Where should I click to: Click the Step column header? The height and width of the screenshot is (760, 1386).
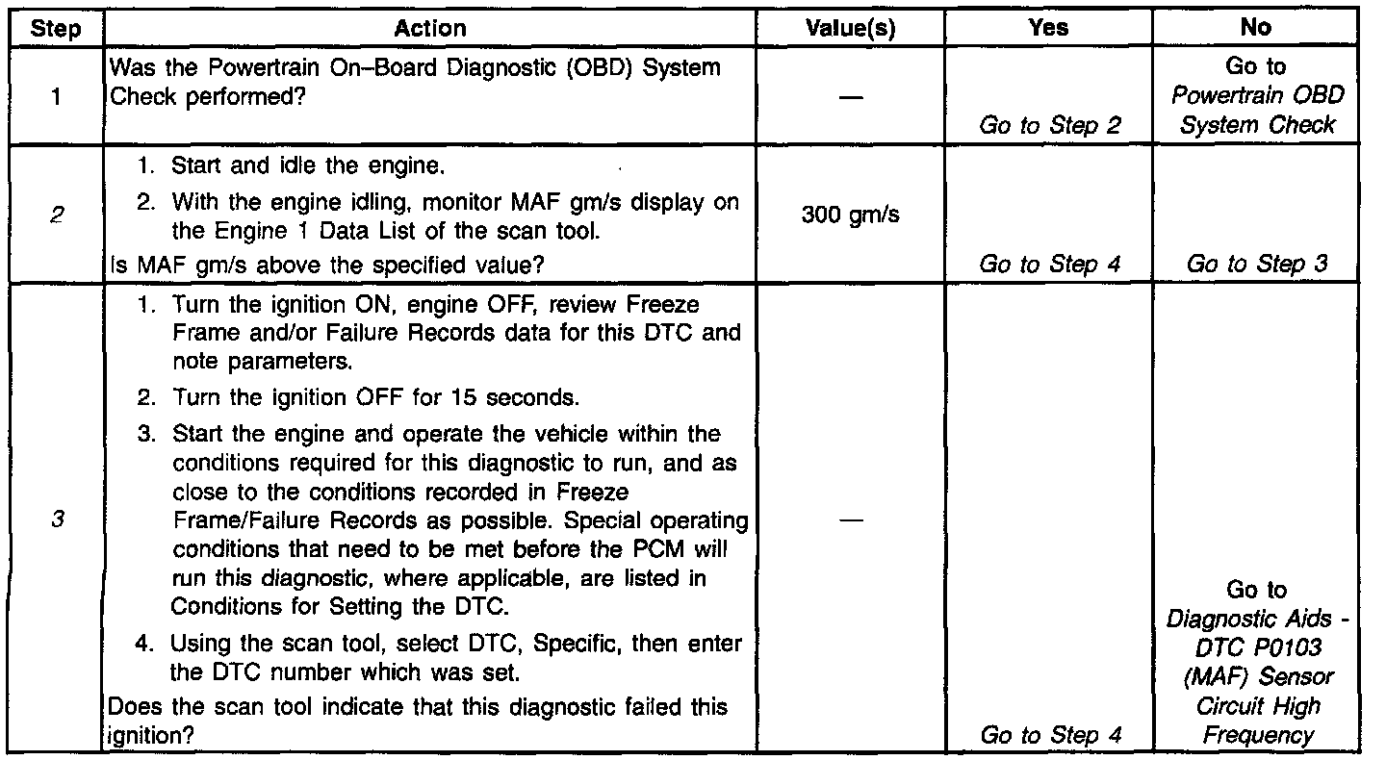pyautogui.click(x=56, y=29)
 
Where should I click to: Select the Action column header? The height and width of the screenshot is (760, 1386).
pyautogui.click(x=430, y=29)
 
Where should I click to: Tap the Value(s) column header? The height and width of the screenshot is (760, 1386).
pyautogui.click(x=851, y=29)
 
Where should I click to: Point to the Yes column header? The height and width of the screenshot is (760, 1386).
pyautogui.click(x=1048, y=29)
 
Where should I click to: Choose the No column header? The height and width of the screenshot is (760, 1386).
pyautogui.click(x=1256, y=29)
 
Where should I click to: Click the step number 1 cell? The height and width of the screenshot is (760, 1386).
pyautogui.click(x=56, y=97)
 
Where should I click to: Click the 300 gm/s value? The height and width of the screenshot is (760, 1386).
pyautogui.click(x=851, y=215)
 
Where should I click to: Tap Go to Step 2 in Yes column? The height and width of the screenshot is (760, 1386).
pyautogui.click(x=1050, y=125)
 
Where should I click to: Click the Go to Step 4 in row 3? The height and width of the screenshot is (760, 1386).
pyautogui.click(x=1050, y=735)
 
